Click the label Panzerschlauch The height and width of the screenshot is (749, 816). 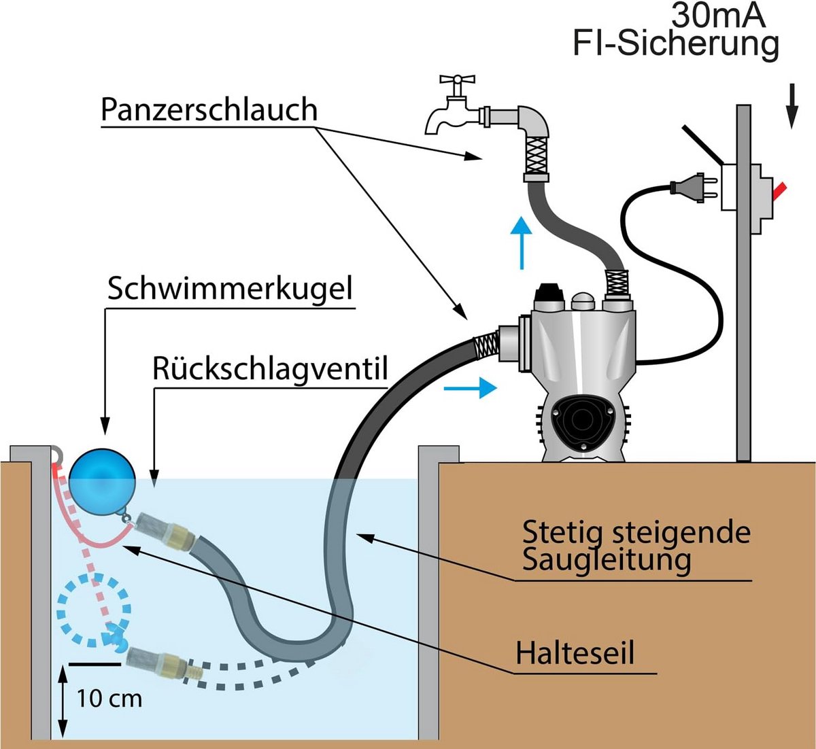click(209, 109)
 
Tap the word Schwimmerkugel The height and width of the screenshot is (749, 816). click(230, 289)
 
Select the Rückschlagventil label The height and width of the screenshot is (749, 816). click(270, 369)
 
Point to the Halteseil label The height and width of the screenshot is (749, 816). click(575, 652)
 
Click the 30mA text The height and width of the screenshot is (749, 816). click(718, 16)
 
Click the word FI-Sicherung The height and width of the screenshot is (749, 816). click(676, 45)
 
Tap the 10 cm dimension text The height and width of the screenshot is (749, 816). click(109, 699)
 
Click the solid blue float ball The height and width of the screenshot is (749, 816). click(102, 483)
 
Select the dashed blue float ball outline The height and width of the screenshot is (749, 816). click(94, 610)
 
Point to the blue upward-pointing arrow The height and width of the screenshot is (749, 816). click(521, 243)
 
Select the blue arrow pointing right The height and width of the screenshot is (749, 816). click(470, 388)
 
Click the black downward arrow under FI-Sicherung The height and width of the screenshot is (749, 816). click(792, 106)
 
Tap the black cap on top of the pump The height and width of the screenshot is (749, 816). click(549, 296)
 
